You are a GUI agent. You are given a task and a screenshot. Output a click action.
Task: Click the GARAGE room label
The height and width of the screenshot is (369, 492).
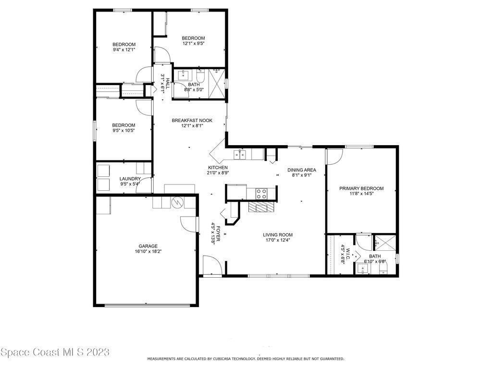148,246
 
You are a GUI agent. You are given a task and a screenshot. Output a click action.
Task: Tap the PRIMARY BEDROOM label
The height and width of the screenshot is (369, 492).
361,188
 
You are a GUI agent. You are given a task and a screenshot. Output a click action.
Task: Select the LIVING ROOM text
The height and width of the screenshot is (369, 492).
278,234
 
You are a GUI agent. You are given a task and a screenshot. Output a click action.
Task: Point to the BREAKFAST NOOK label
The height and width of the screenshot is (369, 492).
192,121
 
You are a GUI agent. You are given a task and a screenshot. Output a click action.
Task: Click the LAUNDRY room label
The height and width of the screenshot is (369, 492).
130,179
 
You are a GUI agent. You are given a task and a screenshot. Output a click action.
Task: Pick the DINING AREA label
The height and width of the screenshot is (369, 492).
302,170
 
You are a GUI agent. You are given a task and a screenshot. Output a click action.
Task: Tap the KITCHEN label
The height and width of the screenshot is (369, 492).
218,168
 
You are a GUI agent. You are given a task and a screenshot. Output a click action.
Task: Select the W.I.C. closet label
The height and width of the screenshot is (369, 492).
348,251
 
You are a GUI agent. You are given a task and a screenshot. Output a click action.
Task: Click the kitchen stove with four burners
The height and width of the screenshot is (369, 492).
261,193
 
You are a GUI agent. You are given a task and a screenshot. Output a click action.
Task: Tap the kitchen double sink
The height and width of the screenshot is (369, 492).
240,155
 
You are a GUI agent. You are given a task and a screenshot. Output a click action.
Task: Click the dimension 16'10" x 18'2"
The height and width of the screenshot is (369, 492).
148,251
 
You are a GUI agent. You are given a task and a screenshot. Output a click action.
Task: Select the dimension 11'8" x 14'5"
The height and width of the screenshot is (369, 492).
361,194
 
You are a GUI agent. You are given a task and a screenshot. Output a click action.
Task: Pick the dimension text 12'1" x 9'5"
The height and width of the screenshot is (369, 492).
193,43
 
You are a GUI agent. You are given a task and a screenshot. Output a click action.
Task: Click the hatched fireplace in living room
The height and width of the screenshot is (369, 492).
261,207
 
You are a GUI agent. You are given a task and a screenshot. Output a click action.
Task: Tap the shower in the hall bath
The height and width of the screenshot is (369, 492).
217,84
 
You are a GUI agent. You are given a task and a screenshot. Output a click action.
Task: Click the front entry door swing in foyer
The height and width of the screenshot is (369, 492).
213,265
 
